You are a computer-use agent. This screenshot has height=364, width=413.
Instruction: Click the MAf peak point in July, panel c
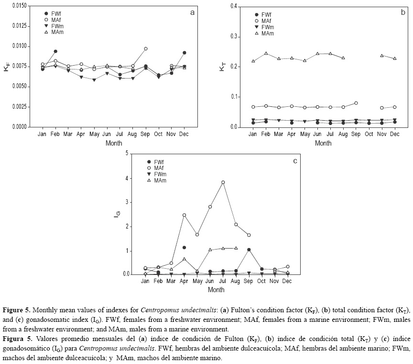(223, 182)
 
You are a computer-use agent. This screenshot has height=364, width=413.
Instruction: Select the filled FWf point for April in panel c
(184, 248)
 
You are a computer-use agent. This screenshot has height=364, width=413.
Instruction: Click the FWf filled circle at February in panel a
(55, 51)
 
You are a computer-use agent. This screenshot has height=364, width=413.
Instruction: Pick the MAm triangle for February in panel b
(266, 54)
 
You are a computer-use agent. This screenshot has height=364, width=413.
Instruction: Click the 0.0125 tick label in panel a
(19, 26)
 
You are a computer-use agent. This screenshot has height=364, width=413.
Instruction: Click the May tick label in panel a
(94, 135)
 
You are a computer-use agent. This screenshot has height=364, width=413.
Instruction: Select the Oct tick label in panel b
(369, 135)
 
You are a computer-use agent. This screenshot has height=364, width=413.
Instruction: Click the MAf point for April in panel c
(184, 216)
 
